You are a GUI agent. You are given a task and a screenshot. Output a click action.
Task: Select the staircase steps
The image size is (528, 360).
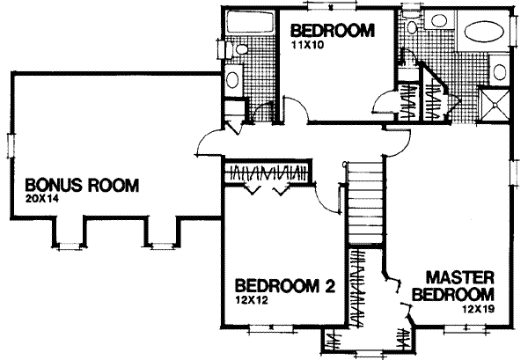point(363,202)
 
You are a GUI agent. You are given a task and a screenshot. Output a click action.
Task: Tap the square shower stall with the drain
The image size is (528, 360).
point(495,103)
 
